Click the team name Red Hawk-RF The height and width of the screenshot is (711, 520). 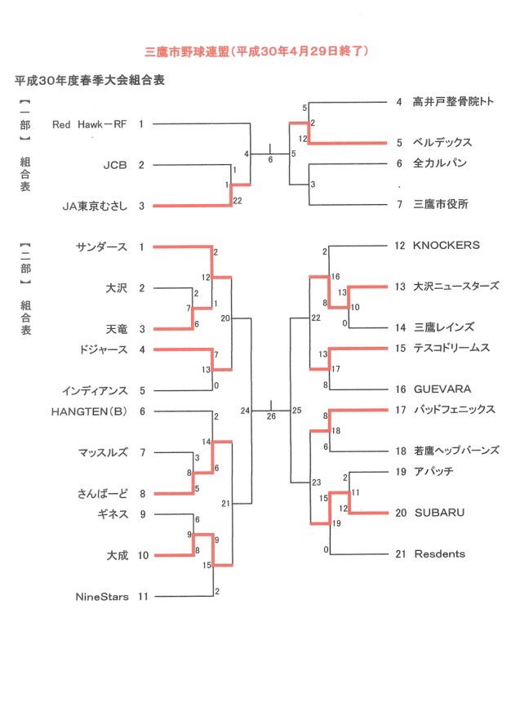(x=89, y=124)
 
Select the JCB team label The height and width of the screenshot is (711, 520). (x=115, y=165)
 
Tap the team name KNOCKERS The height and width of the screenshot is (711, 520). (x=446, y=246)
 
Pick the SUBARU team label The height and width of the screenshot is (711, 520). (x=439, y=513)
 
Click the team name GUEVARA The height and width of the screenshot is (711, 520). (x=442, y=389)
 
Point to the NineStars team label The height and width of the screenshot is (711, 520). (x=102, y=597)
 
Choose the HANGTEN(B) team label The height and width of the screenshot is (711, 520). (x=89, y=411)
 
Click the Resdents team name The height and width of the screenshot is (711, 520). (x=440, y=553)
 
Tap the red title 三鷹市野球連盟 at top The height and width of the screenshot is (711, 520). (x=187, y=51)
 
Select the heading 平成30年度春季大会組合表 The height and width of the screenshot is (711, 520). (x=90, y=81)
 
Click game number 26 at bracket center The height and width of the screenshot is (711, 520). (x=271, y=416)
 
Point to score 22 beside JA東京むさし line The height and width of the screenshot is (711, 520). (x=238, y=201)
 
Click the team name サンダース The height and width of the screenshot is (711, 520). (x=102, y=247)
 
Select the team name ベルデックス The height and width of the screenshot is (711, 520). (x=442, y=142)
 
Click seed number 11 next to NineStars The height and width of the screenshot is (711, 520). (x=143, y=597)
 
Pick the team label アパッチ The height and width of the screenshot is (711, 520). (x=433, y=472)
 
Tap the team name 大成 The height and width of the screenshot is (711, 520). (x=118, y=555)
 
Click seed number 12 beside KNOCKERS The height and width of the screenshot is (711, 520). (x=399, y=246)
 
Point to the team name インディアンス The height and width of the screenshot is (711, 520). (x=95, y=391)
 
